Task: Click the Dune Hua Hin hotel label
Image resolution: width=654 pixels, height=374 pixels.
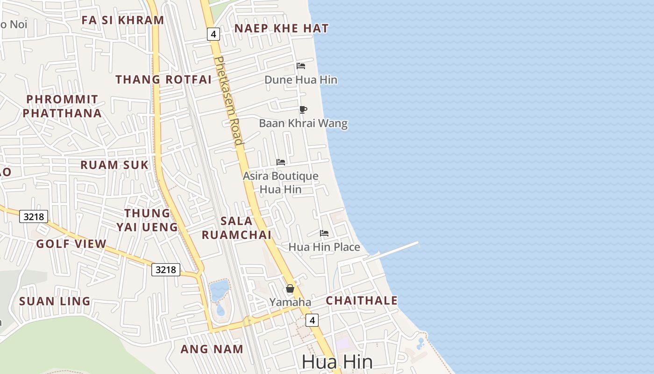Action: pyautogui.click(x=301, y=80)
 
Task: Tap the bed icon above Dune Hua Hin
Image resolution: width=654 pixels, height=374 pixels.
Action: pyautogui.click(x=301, y=66)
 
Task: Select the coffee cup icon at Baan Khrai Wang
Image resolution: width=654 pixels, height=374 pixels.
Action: pyautogui.click(x=303, y=109)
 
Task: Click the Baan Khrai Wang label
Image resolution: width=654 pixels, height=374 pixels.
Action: pyautogui.click(x=303, y=123)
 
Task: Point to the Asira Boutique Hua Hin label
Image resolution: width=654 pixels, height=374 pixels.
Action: pyautogui.click(x=280, y=183)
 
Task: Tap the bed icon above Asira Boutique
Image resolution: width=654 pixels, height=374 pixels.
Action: pyautogui.click(x=281, y=162)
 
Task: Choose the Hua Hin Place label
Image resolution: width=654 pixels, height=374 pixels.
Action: pyautogui.click(x=324, y=247)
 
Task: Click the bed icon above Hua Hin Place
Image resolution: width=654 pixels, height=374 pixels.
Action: pyautogui.click(x=324, y=233)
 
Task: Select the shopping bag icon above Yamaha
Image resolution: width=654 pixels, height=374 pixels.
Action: pyautogui.click(x=290, y=288)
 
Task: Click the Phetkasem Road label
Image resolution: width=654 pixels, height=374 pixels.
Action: pyautogui.click(x=229, y=101)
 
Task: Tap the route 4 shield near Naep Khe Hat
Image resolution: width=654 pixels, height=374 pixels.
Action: pyautogui.click(x=213, y=34)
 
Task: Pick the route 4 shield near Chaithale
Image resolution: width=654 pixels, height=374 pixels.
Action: pyautogui.click(x=312, y=320)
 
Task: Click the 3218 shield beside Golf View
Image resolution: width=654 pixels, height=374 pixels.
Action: pyautogui.click(x=34, y=216)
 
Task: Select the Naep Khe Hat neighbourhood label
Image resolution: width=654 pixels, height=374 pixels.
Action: pyautogui.click(x=282, y=29)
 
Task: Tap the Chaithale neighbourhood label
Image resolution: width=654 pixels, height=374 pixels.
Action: pyautogui.click(x=362, y=301)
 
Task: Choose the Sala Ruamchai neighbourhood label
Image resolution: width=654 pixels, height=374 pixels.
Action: pyautogui.click(x=236, y=228)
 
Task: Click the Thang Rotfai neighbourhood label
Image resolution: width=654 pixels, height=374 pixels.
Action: pyautogui.click(x=163, y=79)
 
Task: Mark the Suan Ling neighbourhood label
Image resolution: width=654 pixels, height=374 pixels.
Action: pyautogui.click(x=55, y=301)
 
